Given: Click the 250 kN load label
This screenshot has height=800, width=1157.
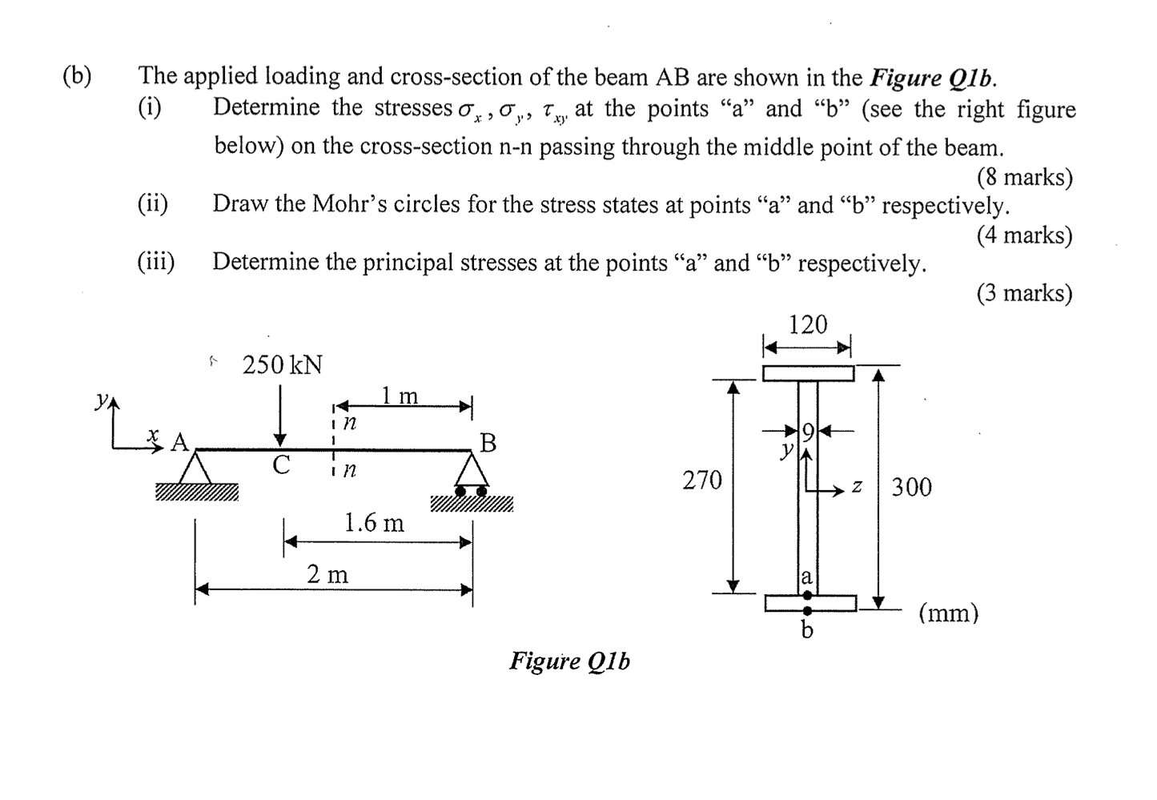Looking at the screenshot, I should [x=282, y=365].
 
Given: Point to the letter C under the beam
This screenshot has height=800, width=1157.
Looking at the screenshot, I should [x=280, y=465].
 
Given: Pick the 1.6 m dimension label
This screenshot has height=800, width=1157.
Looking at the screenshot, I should [x=374, y=523].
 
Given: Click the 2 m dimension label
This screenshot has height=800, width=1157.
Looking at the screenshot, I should [x=327, y=574].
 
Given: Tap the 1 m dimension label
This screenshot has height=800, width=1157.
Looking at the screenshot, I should [x=400, y=395].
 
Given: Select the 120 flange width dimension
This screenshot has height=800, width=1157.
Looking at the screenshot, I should [x=807, y=325].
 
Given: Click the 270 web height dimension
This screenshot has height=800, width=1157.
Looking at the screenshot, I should [x=702, y=480].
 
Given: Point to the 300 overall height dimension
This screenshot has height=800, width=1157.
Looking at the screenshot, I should [x=911, y=486].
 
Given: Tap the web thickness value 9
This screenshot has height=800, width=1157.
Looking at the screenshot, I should [x=808, y=432].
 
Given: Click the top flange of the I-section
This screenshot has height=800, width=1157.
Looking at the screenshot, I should [x=807, y=373].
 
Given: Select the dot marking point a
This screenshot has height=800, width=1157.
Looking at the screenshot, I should [x=807, y=595].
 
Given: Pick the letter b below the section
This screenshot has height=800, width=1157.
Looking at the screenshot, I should [x=807, y=631].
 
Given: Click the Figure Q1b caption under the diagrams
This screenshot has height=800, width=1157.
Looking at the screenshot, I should [x=569, y=661].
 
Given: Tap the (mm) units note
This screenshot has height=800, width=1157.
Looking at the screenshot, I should [x=948, y=613].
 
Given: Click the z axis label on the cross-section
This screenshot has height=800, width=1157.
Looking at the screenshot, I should [x=856, y=486].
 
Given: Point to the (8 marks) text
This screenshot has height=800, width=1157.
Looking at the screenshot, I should [x=1024, y=177].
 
